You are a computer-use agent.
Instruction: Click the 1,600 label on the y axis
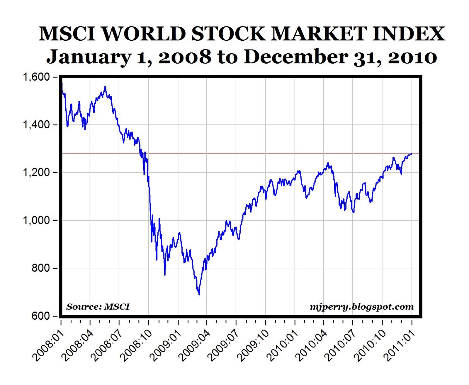pos(36,77)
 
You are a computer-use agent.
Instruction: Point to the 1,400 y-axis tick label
pos(36,125)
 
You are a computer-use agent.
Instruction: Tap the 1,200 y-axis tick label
pos(36,173)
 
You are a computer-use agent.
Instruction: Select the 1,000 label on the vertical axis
pos(36,221)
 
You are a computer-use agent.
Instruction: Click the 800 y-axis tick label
pos(41,268)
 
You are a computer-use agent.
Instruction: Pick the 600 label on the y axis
pos(41,316)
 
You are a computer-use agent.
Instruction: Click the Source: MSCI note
pos(98,307)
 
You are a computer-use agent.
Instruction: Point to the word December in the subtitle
pos(295,57)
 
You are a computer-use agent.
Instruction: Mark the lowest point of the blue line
pos(199,295)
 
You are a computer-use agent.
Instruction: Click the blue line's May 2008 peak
pos(105,86)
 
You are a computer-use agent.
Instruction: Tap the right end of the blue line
pos(412,154)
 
